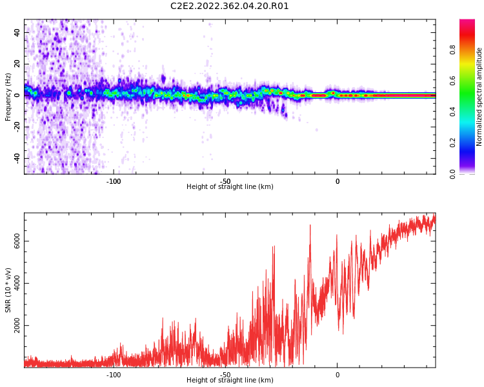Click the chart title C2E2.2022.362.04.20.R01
[230, 6]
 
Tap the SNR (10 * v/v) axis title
[8, 290]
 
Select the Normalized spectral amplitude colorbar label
[479, 97]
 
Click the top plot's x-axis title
[230, 187]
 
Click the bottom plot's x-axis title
[230, 381]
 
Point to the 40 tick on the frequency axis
[17, 32]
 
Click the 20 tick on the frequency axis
[17, 64]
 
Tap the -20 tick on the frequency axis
[16, 126]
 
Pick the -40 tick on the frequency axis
[16, 158]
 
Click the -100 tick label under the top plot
[114, 181]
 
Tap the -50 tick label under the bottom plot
[225, 375]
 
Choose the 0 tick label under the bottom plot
[337, 375]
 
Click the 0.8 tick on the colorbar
[453, 50]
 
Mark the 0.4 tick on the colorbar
[453, 112]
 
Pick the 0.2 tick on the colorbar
[453, 143]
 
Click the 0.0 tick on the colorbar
[453, 174]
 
